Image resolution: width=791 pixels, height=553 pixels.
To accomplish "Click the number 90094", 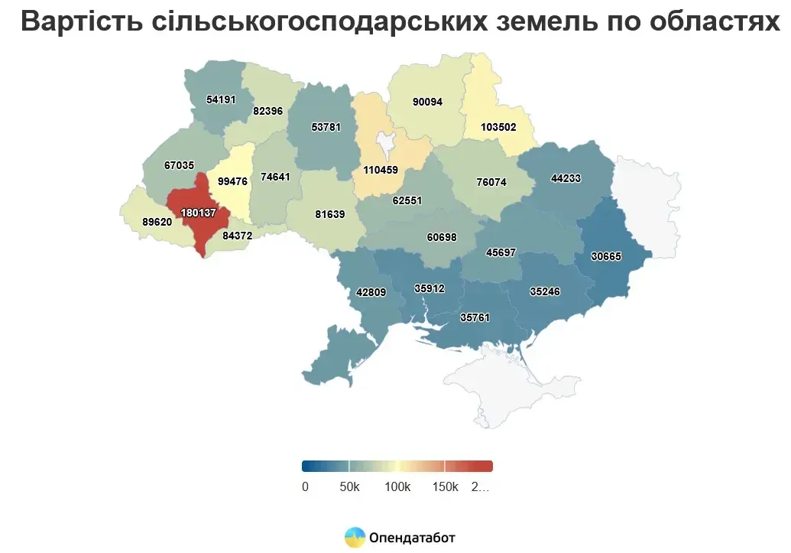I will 426,102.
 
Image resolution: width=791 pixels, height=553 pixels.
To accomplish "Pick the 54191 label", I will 222,99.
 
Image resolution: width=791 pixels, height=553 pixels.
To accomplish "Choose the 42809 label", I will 371,291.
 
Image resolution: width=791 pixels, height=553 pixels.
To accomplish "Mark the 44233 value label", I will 566,178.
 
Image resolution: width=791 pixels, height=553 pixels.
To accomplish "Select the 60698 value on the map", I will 442,237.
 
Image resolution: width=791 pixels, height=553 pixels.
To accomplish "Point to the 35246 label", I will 546,291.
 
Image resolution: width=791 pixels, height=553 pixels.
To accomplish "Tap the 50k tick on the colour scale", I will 350,487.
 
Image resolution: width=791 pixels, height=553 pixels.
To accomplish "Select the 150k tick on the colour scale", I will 445,487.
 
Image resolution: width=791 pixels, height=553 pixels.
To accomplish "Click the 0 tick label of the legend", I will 305,487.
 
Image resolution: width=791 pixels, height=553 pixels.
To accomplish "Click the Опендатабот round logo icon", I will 355,538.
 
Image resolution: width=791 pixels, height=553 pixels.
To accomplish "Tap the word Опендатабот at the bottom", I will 412,538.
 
